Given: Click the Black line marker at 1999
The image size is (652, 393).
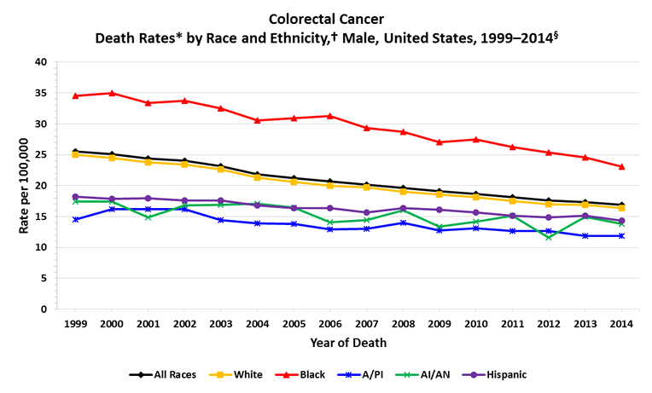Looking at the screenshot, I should pyautogui.click(x=76, y=95).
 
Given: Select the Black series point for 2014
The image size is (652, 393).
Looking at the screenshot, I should pyautogui.click(x=621, y=166).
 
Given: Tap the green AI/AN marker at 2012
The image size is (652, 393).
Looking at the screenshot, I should pyautogui.click(x=549, y=237).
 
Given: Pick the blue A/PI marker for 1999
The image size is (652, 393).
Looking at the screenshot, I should pyautogui.click(x=76, y=219).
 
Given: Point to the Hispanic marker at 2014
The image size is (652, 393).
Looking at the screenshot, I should pyautogui.click(x=621, y=221).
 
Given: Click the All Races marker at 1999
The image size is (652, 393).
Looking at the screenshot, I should pyautogui.click(x=76, y=152).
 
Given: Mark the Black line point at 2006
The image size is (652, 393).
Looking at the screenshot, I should pyautogui.click(x=330, y=116).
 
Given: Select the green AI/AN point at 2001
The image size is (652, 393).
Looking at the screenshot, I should pyautogui.click(x=148, y=217).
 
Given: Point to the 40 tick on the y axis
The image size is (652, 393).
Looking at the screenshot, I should pyautogui.click(x=41, y=62).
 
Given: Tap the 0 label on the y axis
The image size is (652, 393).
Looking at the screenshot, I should pyautogui.click(x=44, y=309).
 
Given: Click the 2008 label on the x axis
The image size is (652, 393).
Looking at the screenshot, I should pyautogui.click(x=403, y=324).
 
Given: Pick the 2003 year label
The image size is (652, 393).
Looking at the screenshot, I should pyautogui.click(x=221, y=324).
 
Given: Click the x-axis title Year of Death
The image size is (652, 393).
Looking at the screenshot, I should pyautogui.click(x=348, y=343).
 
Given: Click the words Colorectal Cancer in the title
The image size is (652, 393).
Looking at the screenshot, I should pyautogui.click(x=325, y=18).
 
